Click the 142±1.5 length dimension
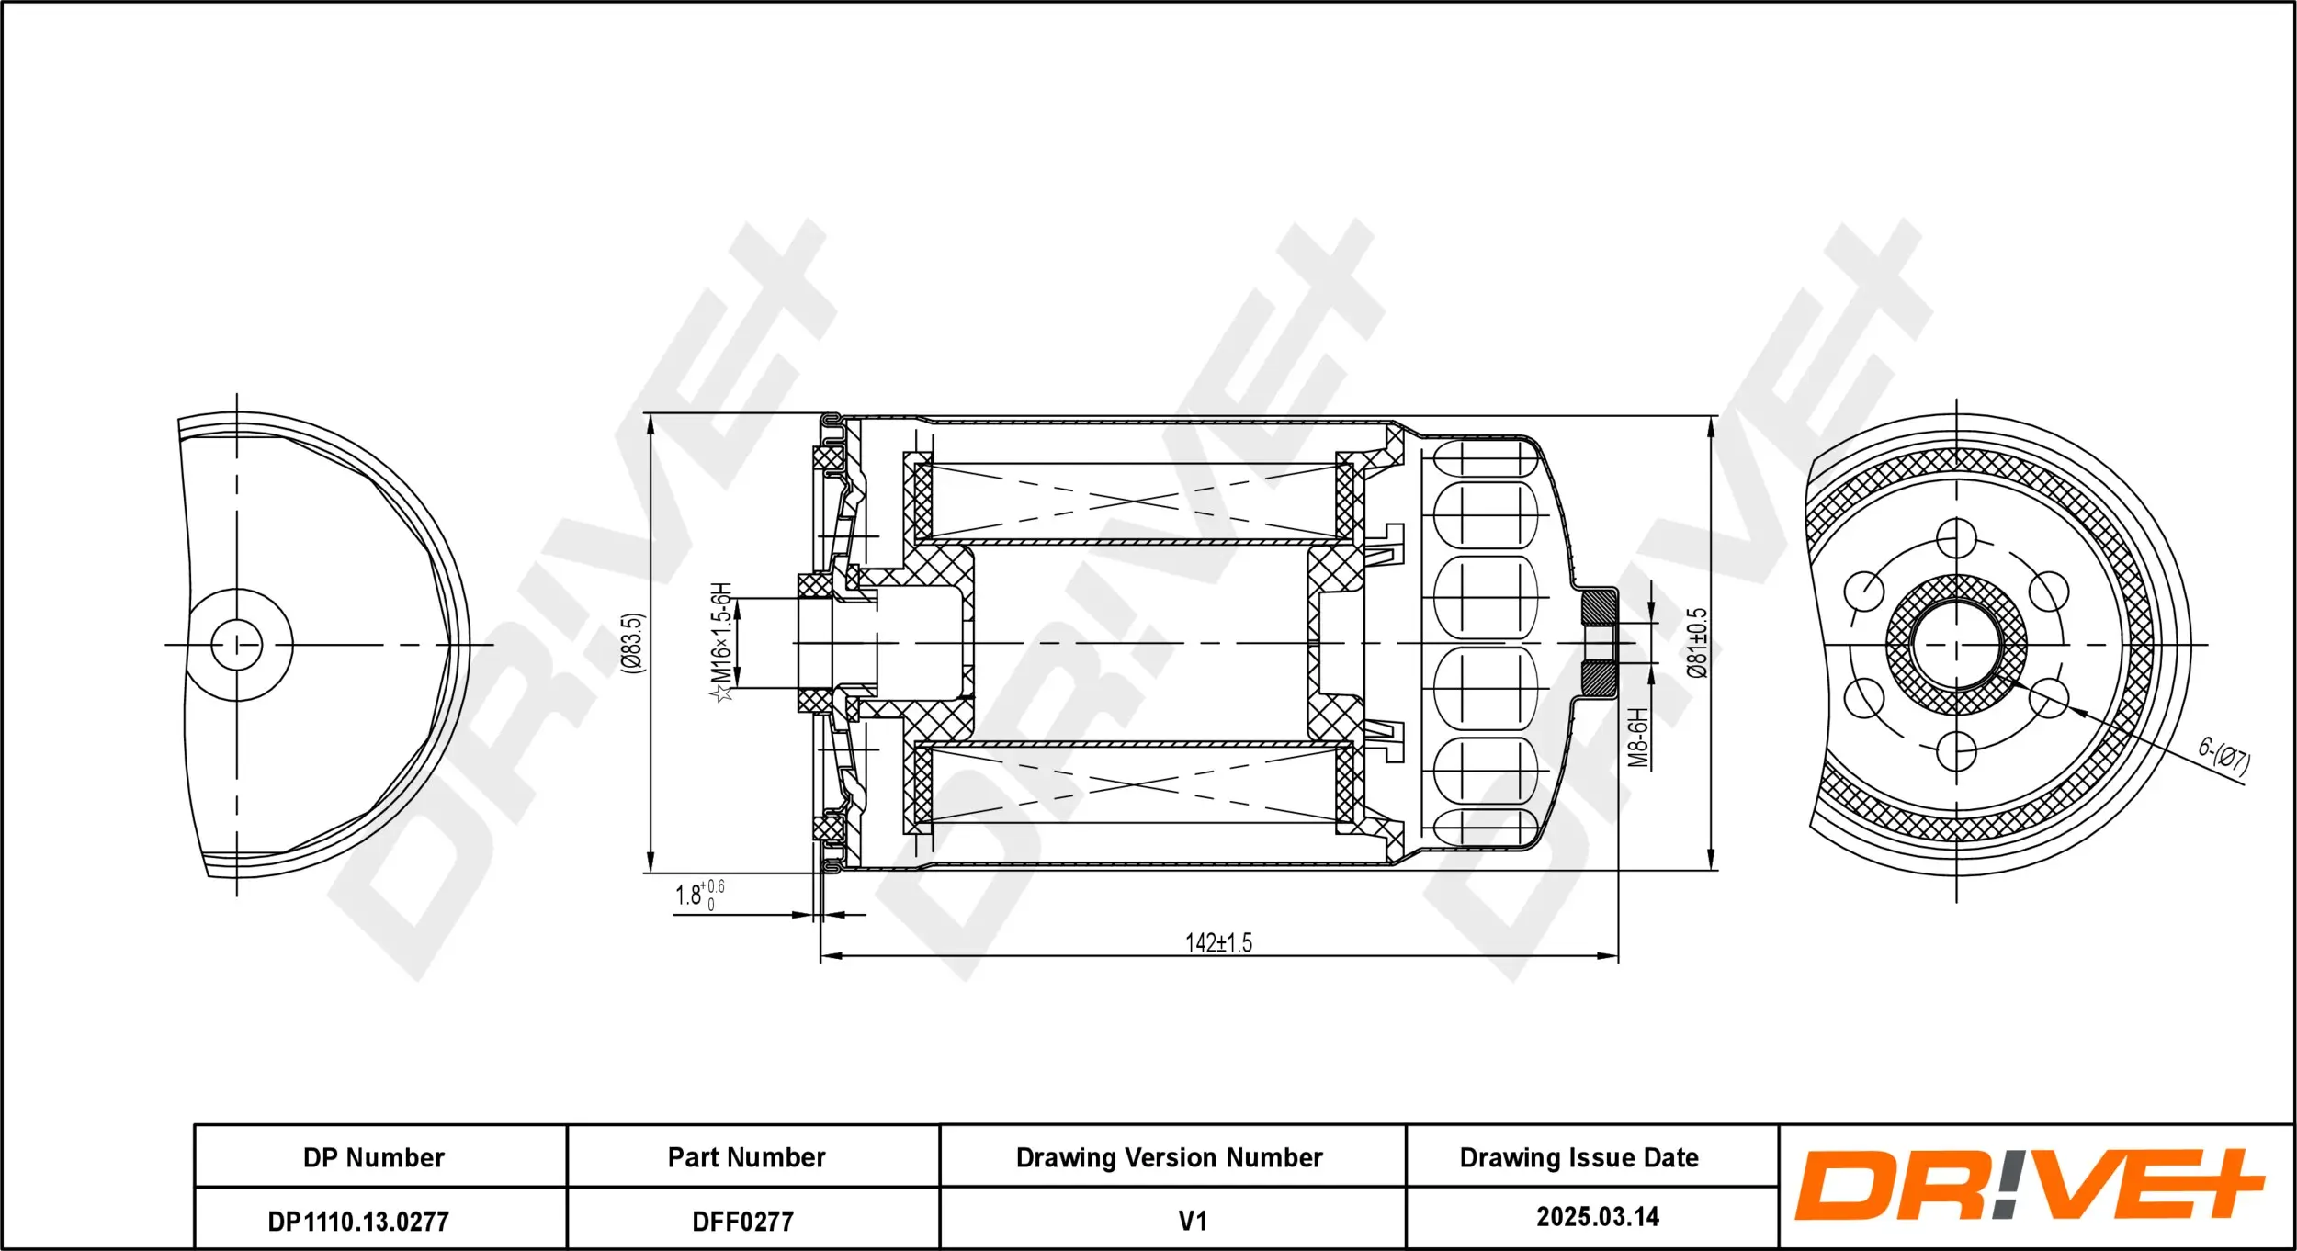(x=1218, y=943)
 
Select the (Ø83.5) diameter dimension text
(x=633, y=643)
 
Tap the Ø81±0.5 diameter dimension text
(x=1697, y=642)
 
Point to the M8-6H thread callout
(x=1638, y=737)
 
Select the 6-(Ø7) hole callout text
(x=2223, y=758)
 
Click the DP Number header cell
(x=374, y=1157)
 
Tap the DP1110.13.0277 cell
(x=358, y=1222)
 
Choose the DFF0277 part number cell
(x=742, y=1222)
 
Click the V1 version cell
(x=1193, y=1221)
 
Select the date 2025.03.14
(x=1598, y=1217)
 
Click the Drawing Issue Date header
(x=1578, y=1157)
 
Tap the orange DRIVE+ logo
(x=2029, y=1185)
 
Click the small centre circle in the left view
(x=237, y=645)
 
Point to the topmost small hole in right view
(x=1956, y=538)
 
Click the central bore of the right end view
(x=1956, y=645)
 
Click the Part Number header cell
(x=746, y=1157)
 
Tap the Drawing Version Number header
(x=1169, y=1157)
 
